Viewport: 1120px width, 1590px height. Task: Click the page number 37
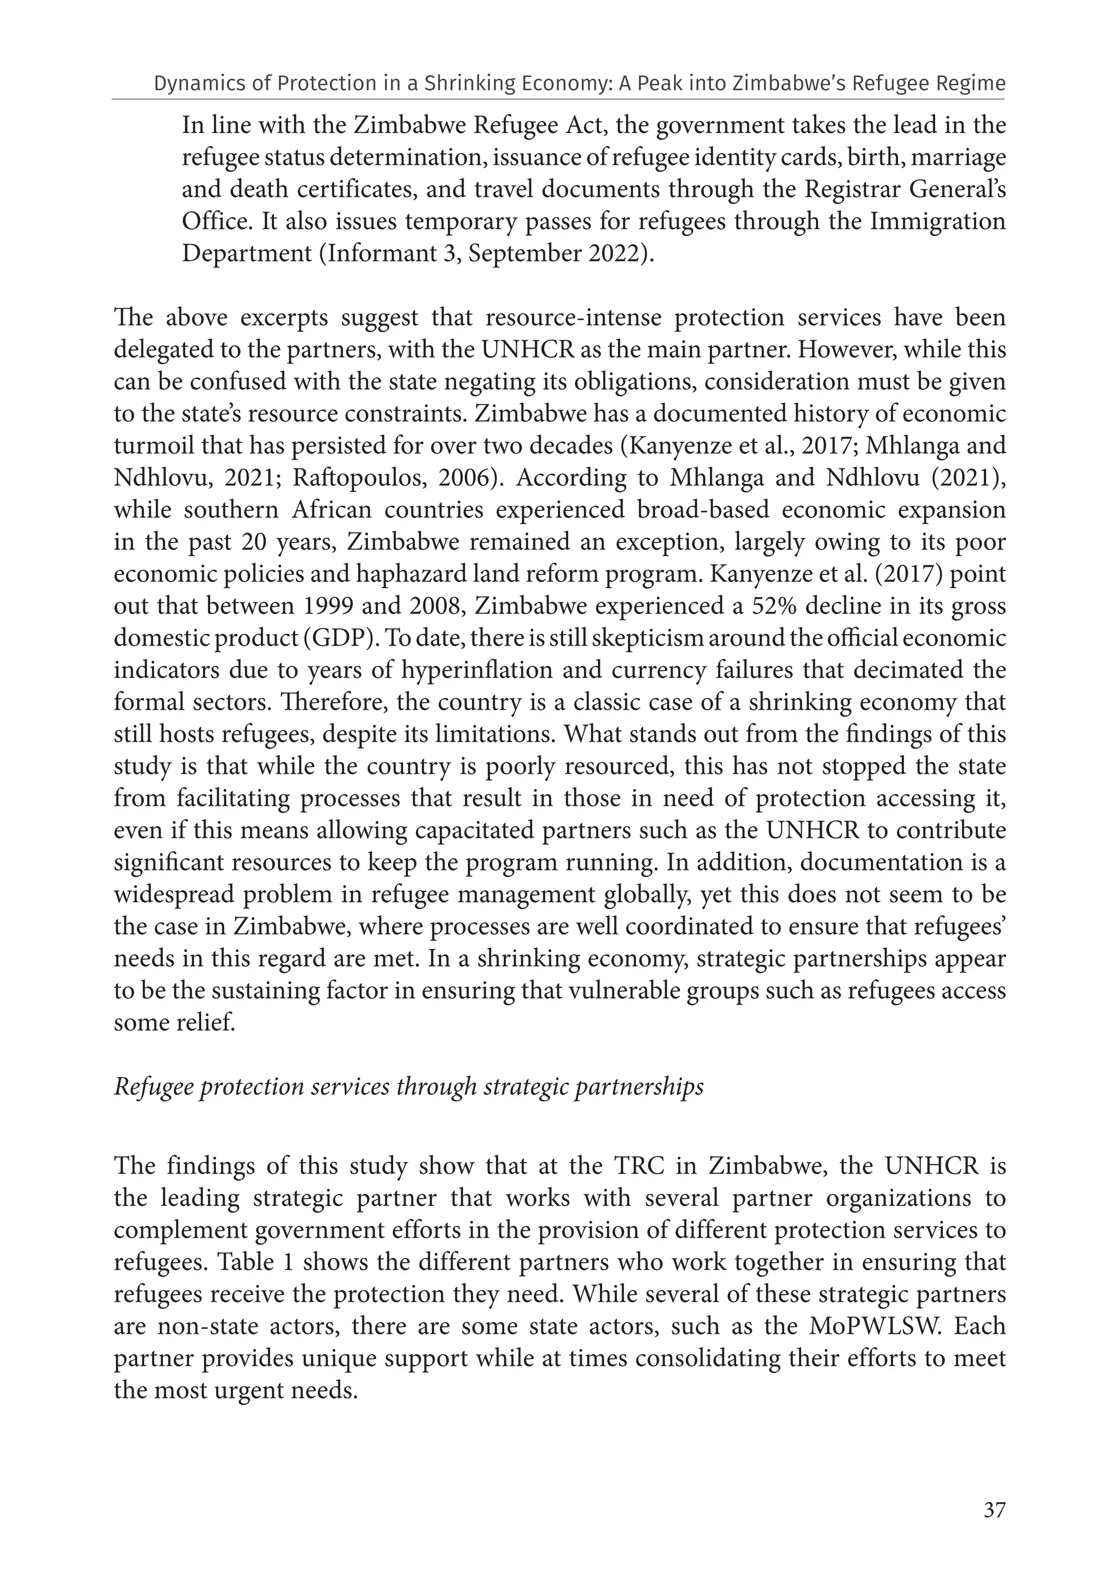994,1510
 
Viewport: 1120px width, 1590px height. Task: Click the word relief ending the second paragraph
202,1023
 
